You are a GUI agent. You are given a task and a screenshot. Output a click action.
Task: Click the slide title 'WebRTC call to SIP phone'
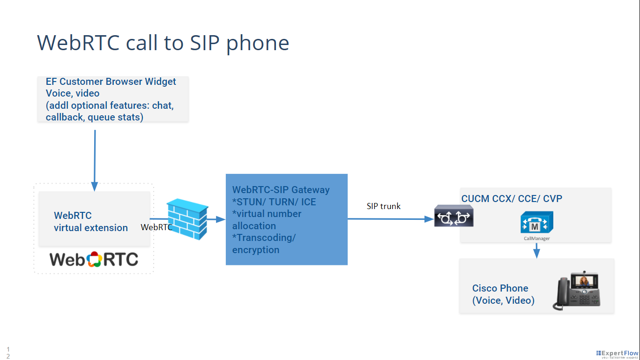point(163,43)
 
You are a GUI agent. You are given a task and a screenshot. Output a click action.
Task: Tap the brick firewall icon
point(187,219)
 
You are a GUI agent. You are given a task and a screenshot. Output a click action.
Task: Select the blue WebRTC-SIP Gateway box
point(286,219)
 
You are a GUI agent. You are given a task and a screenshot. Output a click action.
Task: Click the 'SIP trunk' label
point(383,206)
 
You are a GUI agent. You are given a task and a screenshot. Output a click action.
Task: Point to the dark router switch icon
point(454,216)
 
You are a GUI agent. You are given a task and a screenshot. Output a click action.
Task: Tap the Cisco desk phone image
point(577,291)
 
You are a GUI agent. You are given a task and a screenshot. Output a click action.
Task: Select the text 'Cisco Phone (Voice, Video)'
point(503,294)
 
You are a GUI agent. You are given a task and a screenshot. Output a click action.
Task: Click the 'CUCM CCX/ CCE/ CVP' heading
point(512,199)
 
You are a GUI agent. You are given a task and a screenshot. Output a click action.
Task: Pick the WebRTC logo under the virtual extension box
point(94,259)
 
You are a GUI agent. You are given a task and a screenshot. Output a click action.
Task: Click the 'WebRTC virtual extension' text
point(90,222)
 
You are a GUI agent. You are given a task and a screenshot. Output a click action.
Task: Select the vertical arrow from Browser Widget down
point(95,159)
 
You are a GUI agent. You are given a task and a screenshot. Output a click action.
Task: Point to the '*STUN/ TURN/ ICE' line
point(274,202)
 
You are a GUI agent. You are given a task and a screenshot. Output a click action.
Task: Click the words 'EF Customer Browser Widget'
point(111,82)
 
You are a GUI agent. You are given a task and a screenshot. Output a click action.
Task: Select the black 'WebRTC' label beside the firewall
point(156,227)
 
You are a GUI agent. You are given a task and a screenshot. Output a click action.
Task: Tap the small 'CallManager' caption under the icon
point(536,239)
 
